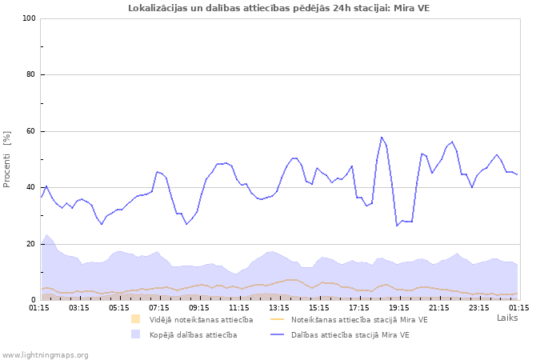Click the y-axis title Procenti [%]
(7, 159)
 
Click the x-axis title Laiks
(507, 318)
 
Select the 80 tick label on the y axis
(31, 75)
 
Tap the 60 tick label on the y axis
(31, 131)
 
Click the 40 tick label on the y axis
(31, 188)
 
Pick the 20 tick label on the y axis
(31, 244)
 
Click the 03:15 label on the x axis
(79, 306)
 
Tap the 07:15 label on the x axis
(159, 306)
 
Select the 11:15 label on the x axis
(239, 306)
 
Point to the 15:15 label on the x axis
(319, 306)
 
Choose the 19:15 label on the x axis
(399, 306)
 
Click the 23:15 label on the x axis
(479, 306)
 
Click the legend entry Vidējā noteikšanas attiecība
(201, 320)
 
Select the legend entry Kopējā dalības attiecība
(193, 334)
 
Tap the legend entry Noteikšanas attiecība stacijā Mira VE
(359, 320)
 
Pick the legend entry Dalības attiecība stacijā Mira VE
(350, 334)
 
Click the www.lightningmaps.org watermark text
(45, 354)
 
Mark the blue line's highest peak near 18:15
(382, 137)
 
